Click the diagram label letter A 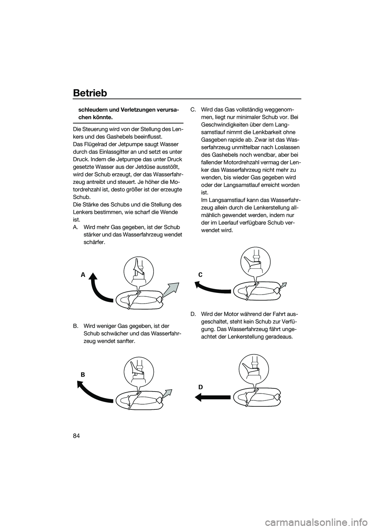pyautogui.click(x=83, y=275)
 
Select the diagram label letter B pyautogui.click(x=83, y=374)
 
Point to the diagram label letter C pyautogui.click(x=200, y=274)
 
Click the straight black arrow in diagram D pyautogui.click(x=212, y=397)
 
